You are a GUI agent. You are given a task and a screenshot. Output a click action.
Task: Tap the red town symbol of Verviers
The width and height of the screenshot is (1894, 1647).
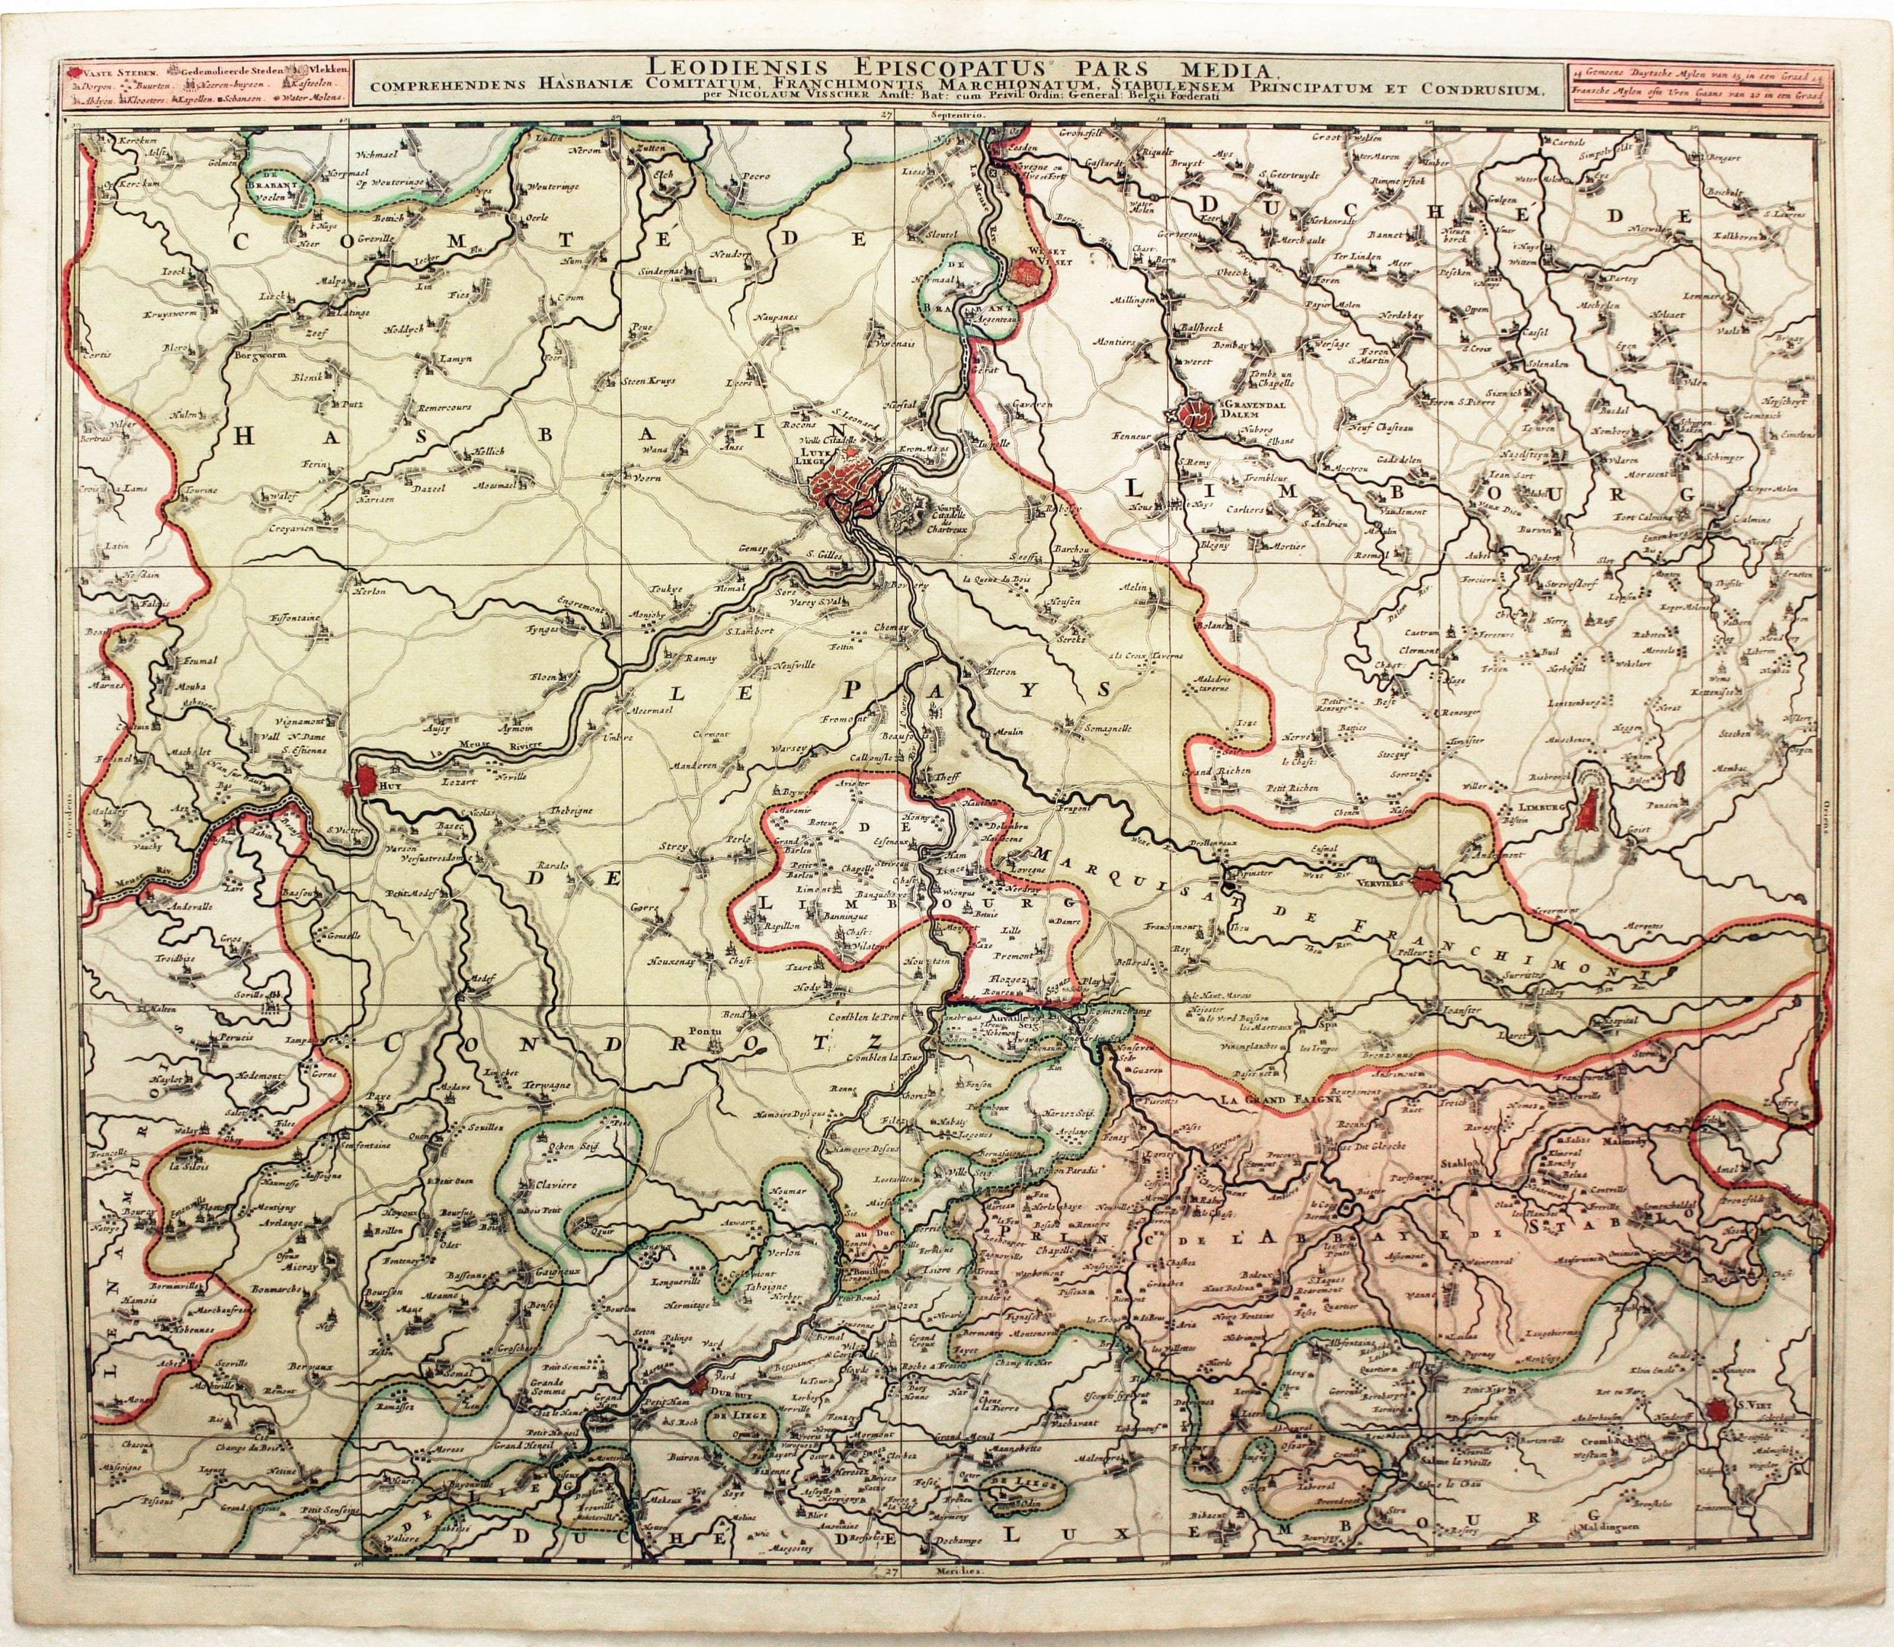pos(1430,880)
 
